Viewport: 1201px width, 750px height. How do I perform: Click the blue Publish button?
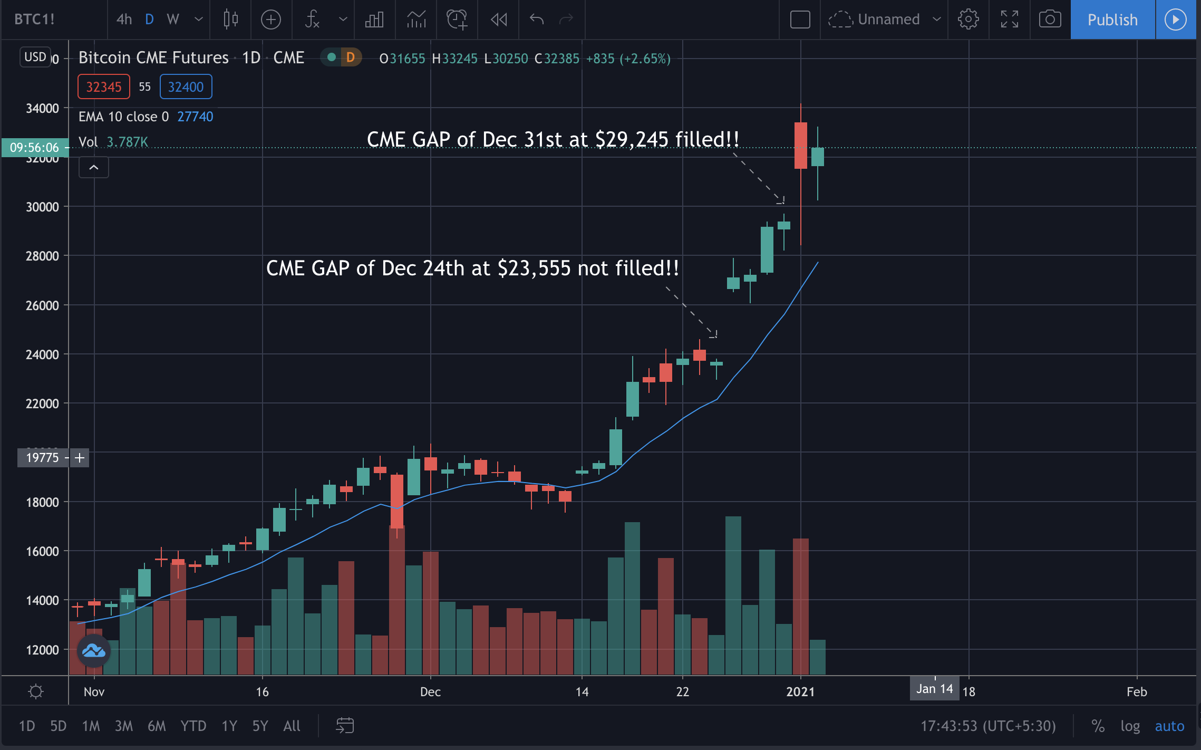click(1112, 20)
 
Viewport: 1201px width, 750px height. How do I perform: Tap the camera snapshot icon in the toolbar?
click(1050, 20)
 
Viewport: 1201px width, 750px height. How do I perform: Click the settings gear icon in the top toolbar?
click(968, 20)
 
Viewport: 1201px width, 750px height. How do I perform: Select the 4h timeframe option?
click(124, 20)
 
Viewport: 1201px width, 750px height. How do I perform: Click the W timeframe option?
click(173, 20)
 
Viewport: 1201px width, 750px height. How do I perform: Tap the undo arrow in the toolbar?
click(537, 20)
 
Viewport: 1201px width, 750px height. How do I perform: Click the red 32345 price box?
click(104, 87)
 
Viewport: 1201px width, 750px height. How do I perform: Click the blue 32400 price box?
click(186, 87)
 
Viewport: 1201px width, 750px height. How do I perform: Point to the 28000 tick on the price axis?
click(42, 256)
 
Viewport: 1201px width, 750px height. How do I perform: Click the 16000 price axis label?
click(42, 552)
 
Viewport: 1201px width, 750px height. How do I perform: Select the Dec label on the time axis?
click(430, 692)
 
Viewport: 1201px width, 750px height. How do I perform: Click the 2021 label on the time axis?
click(800, 692)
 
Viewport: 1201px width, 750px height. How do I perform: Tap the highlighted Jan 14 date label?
click(934, 689)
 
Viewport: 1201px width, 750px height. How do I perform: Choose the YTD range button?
click(193, 726)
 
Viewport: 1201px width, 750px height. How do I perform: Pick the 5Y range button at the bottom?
click(260, 726)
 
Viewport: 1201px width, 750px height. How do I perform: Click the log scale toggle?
click(1130, 726)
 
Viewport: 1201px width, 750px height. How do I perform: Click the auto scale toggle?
click(1169, 726)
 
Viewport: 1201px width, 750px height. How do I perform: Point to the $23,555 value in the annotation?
click(534, 268)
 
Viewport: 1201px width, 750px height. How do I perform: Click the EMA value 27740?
click(195, 117)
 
